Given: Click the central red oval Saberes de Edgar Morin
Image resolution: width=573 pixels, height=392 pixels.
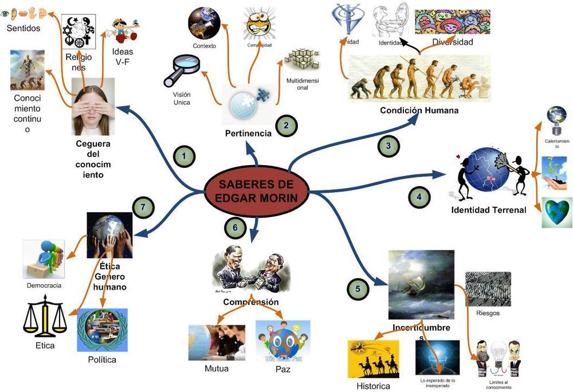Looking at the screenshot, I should click(257, 191).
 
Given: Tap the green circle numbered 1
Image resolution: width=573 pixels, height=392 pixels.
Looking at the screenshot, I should click(184, 156).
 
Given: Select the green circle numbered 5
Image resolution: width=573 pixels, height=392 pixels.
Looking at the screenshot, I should click(358, 288).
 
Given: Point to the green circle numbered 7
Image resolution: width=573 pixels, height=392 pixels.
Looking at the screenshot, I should click(143, 207).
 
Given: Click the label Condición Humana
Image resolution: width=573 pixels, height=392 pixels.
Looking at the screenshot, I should click(419, 110).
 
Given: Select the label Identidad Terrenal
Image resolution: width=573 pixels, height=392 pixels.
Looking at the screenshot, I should click(489, 210).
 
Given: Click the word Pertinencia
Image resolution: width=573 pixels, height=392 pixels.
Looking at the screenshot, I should click(248, 134).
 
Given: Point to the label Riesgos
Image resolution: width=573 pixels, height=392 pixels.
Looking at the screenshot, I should click(488, 313).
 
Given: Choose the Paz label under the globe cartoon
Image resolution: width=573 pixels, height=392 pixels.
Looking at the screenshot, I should click(282, 369).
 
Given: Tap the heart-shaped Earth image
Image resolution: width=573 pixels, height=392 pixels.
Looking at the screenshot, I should click(556, 213).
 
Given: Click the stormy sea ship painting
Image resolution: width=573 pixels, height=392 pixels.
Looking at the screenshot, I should click(421, 284).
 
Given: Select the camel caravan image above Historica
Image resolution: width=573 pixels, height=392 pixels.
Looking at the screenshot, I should click(373, 359).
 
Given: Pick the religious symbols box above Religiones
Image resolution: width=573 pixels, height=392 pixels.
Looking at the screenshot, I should click(79, 33).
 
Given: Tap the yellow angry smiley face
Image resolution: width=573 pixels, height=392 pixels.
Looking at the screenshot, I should click(259, 24).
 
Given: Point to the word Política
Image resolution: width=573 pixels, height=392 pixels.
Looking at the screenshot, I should click(102, 360).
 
